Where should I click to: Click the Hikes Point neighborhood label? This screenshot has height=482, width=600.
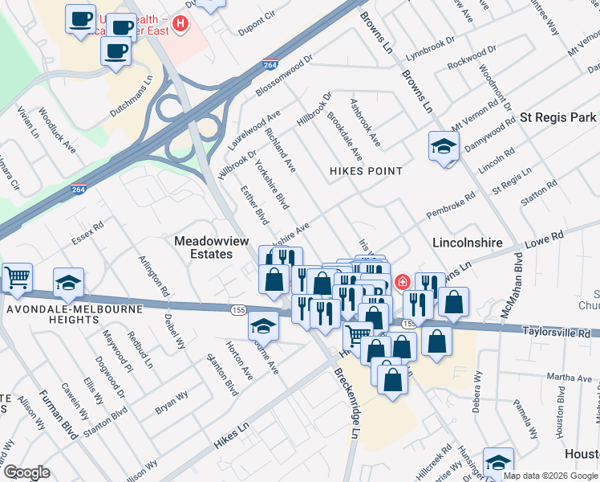click(x=365, y=171)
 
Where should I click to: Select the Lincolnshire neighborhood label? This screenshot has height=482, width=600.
click(x=467, y=242)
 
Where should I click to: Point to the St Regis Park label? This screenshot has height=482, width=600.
click(x=557, y=117)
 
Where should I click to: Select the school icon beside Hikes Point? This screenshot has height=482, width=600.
click(x=443, y=147)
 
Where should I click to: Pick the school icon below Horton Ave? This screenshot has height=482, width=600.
click(x=263, y=326)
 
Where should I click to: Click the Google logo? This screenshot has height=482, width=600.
click(x=27, y=472)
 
